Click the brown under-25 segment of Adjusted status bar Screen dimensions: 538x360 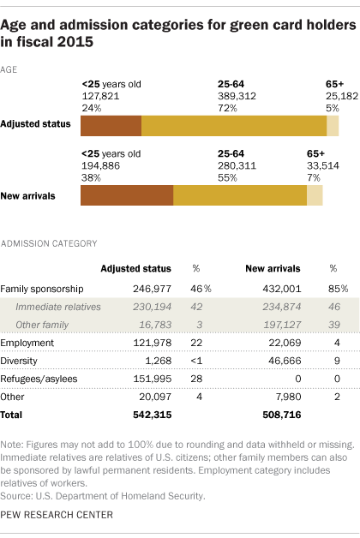pyautogui.click(x=111, y=125)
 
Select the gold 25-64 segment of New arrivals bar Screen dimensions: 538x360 pyautogui.click(x=240, y=195)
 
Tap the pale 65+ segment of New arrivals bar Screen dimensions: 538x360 pyautogui.click(x=315, y=195)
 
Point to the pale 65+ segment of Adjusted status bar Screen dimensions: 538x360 pyautogui.click(x=333, y=125)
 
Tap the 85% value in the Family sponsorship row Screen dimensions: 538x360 pyautogui.click(x=333, y=289)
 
